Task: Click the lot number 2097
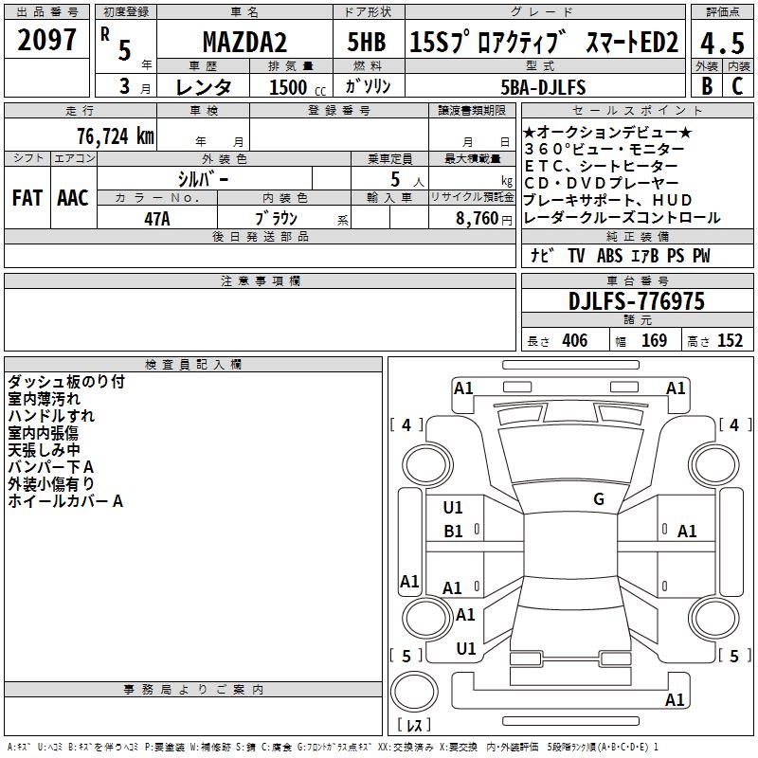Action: tap(46, 40)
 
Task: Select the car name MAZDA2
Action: tap(244, 42)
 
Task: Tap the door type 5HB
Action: tap(367, 42)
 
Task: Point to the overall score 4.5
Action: tap(722, 43)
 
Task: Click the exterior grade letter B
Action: tap(707, 86)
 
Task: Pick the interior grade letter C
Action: tap(737, 86)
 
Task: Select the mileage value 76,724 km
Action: tap(116, 136)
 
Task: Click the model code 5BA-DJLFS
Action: tap(543, 87)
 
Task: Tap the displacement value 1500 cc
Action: tap(298, 87)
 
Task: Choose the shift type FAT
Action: tap(27, 198)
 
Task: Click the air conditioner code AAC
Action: tap(73, 198)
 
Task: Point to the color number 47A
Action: tap(157, 219)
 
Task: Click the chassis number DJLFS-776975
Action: tap(637, 301)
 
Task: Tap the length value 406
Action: tap(575, 341)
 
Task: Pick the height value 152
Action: tap(730, 341)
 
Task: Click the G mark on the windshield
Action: tap(599, 499)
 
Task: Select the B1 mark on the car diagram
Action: tap(453, 532)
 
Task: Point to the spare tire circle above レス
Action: tap(414, 692)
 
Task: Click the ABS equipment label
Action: tap(609, 256)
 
